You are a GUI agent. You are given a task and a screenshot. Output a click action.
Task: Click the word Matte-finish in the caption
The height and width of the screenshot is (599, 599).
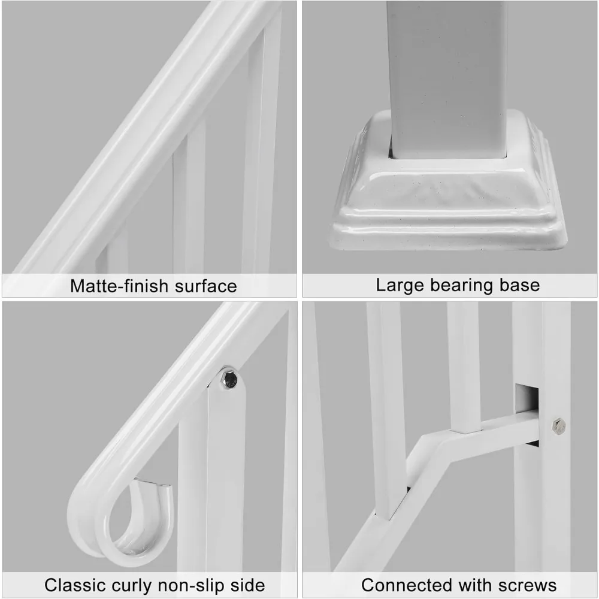(x=119, y=286)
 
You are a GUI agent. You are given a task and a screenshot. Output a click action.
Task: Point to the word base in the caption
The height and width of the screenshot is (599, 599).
(x=520, y=286)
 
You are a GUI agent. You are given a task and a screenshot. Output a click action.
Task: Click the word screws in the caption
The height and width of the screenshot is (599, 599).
(x=528, y=585)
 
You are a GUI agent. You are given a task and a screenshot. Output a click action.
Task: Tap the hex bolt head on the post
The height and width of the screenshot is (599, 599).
(x=558, y=426)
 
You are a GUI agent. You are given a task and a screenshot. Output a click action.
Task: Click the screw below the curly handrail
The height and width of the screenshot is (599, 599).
(x=228, y=379)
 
